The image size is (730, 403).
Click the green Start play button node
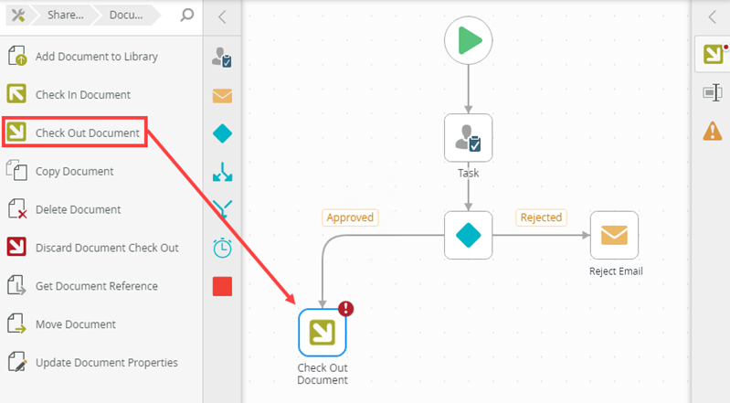pos(468,41)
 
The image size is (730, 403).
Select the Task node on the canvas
pos(468,138)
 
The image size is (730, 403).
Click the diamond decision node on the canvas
pos(468,235)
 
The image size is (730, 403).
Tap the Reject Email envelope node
pos(614,235)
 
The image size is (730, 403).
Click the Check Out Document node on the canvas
pos(323,333)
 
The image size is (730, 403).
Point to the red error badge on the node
pos(345,309)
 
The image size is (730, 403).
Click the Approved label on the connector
pos(350,217)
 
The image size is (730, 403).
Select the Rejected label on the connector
pos(540,217)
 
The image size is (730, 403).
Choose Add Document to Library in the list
pos(96,57)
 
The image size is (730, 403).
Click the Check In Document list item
pos(82,95)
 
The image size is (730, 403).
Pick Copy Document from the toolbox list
pos(74,172)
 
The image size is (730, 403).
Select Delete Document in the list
pos(78,210)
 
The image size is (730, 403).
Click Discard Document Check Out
pos(106,249)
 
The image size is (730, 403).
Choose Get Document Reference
pos(96,287)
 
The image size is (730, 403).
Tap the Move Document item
pos(75,325)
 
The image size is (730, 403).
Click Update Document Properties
pos(106,364)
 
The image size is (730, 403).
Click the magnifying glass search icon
pos(186,16)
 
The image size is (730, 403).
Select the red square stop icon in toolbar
pos(222,286)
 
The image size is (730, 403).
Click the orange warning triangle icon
pos(713,131)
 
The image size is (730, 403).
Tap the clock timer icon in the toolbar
pos(222,248)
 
